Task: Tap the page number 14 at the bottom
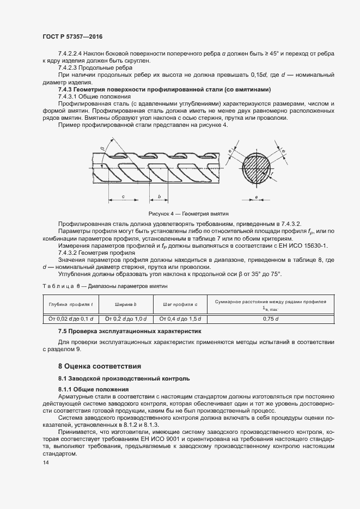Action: pyautogui.click(x=45, y=462)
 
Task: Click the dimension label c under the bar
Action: pyautogui.click(x=123, y=196)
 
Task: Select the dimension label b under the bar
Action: pyautogui.click(x=158, y=196)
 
